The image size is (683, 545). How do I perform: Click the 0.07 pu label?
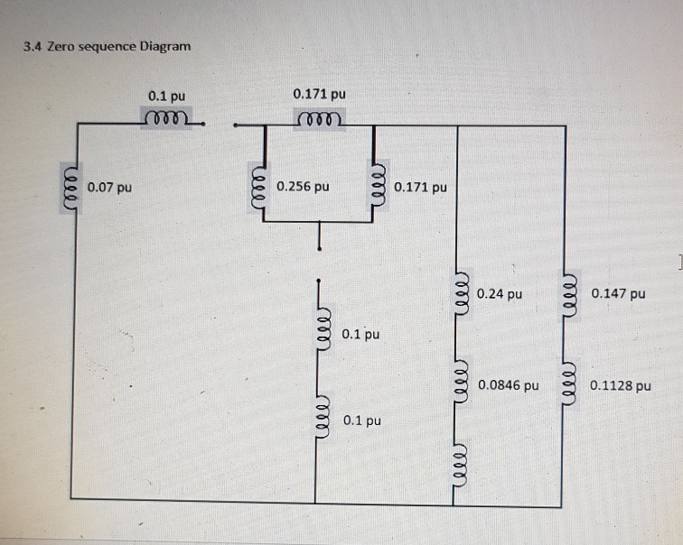(x=110, y=189)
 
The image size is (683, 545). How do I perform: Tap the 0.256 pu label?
(x=304, y=188)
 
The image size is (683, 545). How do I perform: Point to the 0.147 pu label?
(x=619, y=293)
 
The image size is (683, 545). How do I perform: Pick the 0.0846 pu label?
(x=509, y=384)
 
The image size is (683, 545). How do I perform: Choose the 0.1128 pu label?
(x=620, y=385)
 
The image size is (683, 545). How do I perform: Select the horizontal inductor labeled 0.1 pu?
(x=166, y=120)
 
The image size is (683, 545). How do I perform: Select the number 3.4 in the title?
(x=33, y=46)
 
